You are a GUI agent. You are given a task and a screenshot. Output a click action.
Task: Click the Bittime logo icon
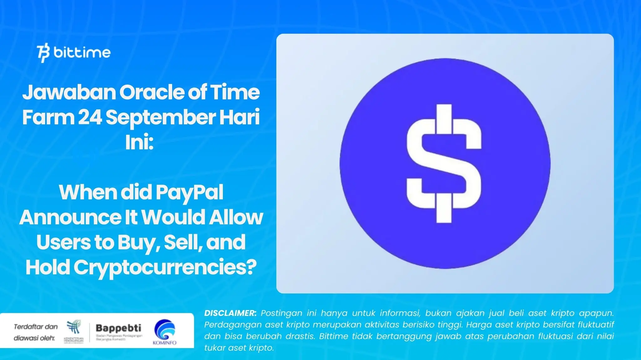pos(43,53)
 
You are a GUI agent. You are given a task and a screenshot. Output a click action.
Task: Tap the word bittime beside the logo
pos(82,52)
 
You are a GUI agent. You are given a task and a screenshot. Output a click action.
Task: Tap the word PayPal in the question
pos(189,192)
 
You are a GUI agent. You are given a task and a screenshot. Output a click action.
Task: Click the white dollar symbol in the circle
pos(444,163)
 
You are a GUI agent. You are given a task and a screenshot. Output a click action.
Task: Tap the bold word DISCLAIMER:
pos(230,313)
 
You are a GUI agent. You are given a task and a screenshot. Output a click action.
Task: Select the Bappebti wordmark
pos(118,328)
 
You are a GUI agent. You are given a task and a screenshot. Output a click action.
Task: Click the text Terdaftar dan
pos(36,327)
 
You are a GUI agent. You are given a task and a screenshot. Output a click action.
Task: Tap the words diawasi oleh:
pos(34,338)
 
